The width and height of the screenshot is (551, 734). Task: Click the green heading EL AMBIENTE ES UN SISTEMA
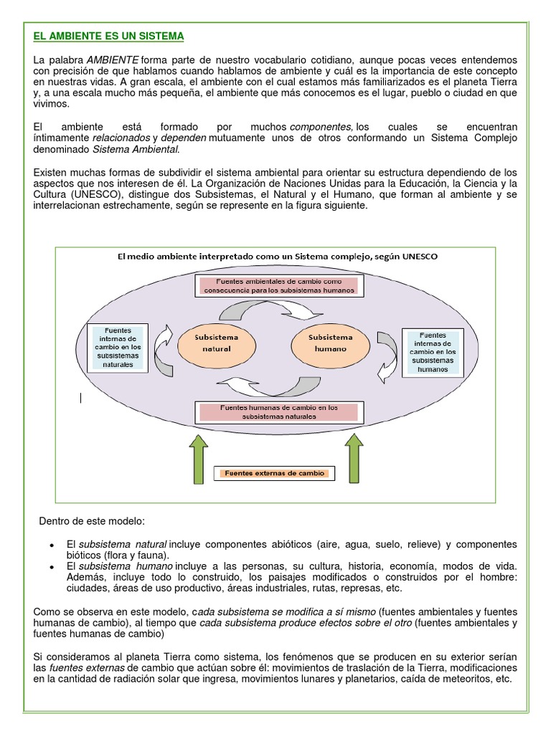[x=109, y=35]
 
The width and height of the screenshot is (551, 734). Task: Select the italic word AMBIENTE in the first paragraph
[x=113, y=58]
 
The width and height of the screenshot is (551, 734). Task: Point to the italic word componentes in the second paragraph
[x=321, y=127]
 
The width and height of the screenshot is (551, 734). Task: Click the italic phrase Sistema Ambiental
[x=136, y=150]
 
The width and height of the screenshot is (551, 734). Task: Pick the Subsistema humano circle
[x=330, y=343]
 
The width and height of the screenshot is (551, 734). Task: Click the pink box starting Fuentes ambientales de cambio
[x=278, y=285]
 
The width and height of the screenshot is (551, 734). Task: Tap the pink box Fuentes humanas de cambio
[x=278, y=411]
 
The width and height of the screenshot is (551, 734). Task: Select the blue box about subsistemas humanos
[x=433, y=351]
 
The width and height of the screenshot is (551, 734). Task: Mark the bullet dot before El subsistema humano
[x=52, y=567]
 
